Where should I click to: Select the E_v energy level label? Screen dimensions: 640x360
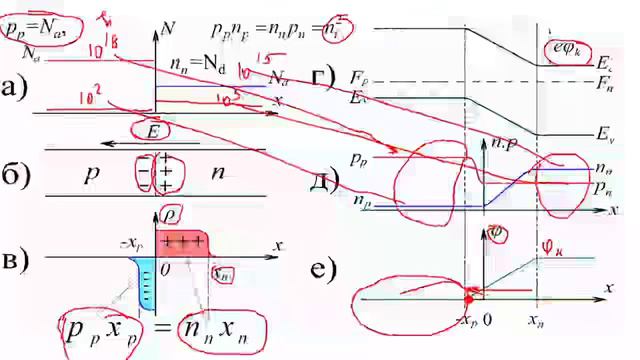(x=602, y=132)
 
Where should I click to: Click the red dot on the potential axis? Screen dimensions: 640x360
(x=468, y=299)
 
